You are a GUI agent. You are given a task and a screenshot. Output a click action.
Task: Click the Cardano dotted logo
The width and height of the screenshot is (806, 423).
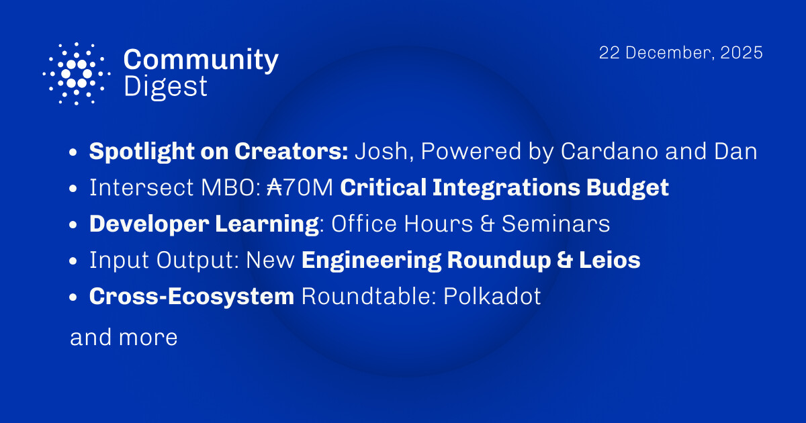pyautogui.click(x=77, y=73)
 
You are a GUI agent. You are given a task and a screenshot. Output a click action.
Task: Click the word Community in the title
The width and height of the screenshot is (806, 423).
pyautogui.click(x=201, y=61)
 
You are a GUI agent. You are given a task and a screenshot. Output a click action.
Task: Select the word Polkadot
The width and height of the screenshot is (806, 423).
pyautogui.click(x=492, y=297)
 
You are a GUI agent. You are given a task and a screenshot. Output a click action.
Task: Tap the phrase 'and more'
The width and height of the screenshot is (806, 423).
pyautogui.click(x=124, y=337)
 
